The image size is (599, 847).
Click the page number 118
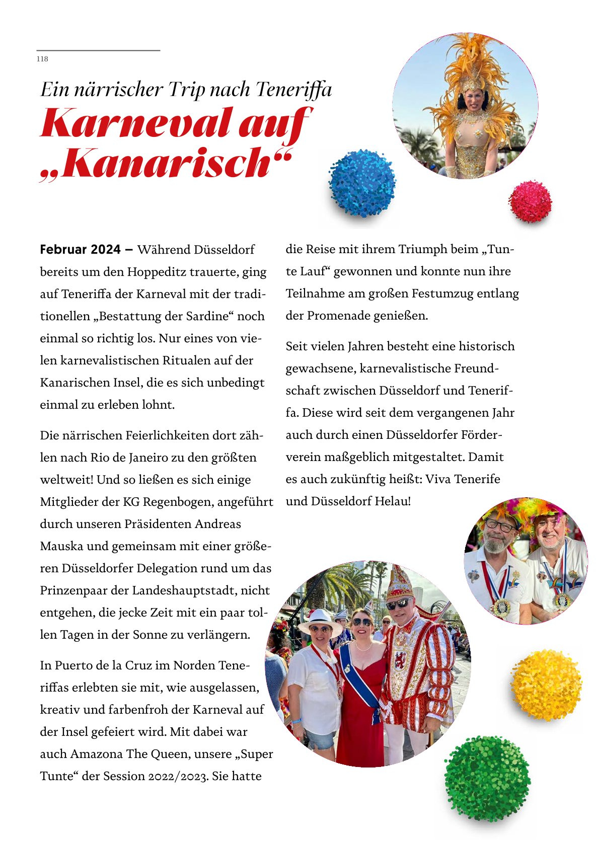click(x=42, y=59)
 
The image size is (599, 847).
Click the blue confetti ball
click(x=362, y=182)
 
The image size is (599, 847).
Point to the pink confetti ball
click(x=530, y=201)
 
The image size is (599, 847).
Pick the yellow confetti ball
click(x=546, y=684)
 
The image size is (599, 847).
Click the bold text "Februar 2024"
click(x=81, y=250)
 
